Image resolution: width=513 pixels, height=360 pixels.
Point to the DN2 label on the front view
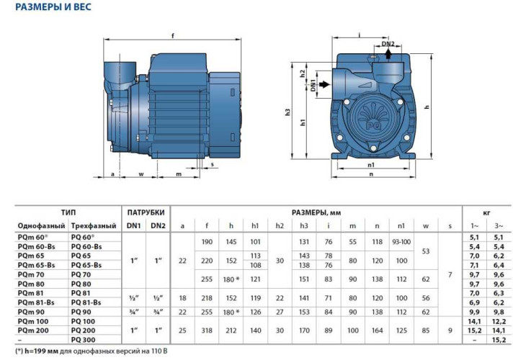(x=388, y=44)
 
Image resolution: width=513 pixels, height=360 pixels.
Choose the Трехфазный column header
(x=94, y=226)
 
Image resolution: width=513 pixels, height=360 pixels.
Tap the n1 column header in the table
(x=401, y=226)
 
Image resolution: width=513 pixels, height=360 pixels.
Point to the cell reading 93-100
(x=401, y=241)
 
